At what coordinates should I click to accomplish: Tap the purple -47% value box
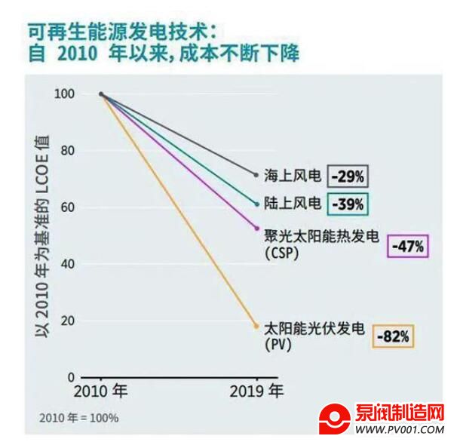tap(409, 246)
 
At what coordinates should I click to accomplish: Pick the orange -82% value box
tap(393, 336)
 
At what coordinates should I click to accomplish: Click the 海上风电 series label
tap(293, 176)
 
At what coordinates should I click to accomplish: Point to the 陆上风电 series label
tap(293, 204)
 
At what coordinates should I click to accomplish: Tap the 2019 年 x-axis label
tap(256, 393)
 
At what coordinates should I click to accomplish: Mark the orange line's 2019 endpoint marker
tap(256, 326)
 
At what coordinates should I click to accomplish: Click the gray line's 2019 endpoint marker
tap(256, 175)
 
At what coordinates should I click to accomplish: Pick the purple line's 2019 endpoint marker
tap(256, 228)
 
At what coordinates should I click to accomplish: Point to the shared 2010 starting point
tap(101, 94)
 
